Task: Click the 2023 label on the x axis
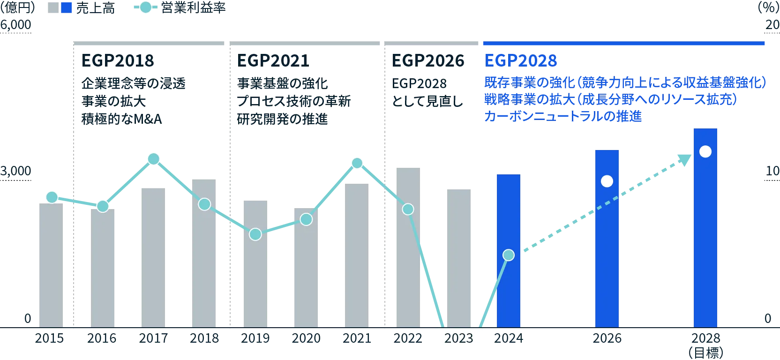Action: coord(458,338)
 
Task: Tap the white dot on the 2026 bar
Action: coord(607,181)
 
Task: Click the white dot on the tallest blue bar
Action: coord(705,151)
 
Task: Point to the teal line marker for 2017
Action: coord(153,159)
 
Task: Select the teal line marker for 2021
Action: coord(357,163)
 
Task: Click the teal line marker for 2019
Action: coord(255,234)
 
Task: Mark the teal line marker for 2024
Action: coord(508,255)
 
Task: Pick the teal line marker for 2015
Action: coord(52,197)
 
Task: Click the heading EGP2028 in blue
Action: coord(521,61)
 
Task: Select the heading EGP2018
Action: coord(118,61)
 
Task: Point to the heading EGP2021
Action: coord(273,61)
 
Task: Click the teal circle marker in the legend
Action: coord(146,7)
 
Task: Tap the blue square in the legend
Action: coord(67,7)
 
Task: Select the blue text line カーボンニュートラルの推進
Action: coord(563,117)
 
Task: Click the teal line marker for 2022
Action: coord(408,209)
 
